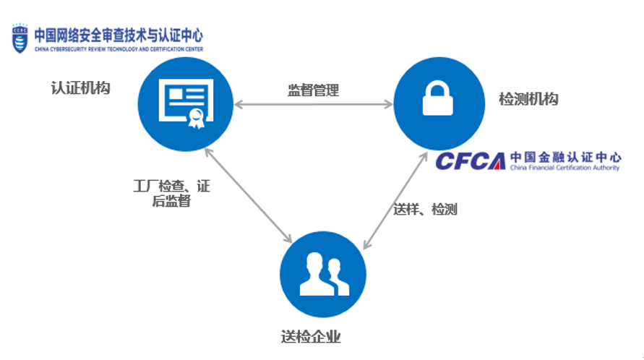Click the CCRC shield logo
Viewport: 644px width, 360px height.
(20, 38)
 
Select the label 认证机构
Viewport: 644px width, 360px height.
(80, 88)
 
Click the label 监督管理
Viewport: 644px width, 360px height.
(313, 90)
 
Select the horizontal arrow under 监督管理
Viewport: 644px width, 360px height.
(313, 106)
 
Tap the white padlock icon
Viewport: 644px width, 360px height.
(437, 100)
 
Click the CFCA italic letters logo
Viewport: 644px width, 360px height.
(471, 160)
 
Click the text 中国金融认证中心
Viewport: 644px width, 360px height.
(564, 156)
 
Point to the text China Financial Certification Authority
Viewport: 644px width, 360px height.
(564, 168)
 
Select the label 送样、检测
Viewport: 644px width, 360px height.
(425, 210)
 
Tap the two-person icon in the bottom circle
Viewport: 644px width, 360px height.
(322, 275)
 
